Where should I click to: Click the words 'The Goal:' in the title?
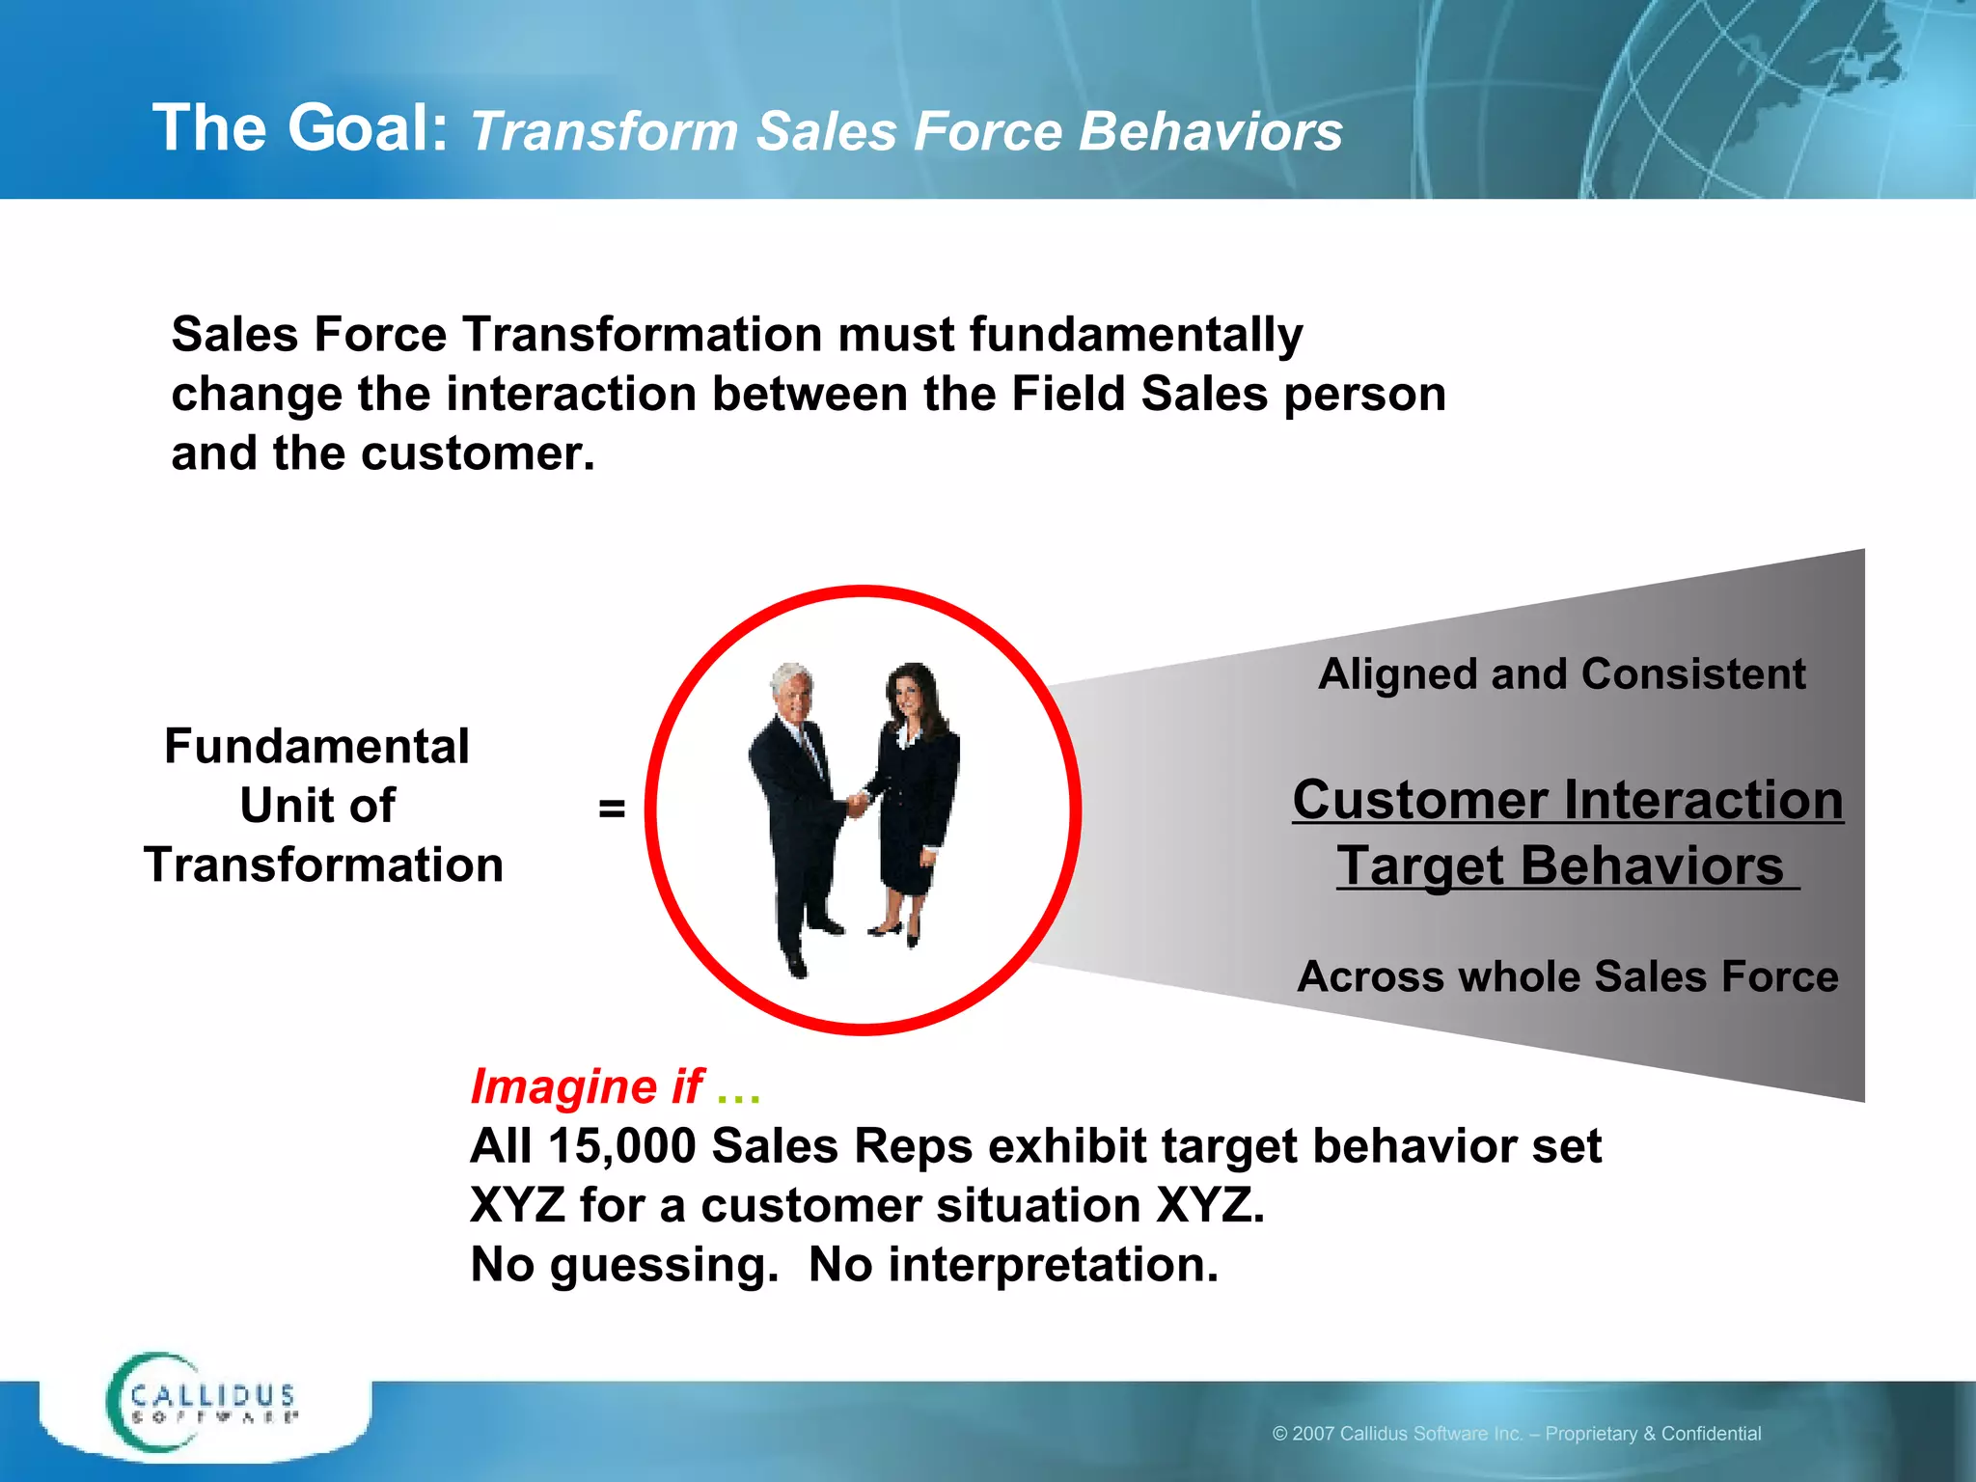299,128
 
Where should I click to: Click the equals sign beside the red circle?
612,808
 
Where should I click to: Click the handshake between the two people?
856,803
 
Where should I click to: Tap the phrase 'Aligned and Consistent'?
1561,673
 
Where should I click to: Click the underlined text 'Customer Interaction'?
1567,800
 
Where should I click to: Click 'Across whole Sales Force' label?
1567,976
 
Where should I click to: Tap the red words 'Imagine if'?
587,1086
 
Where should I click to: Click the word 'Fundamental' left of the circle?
316,746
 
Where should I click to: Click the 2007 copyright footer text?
1516,1434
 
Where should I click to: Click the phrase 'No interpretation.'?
1013,1265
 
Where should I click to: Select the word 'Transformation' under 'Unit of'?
323,864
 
